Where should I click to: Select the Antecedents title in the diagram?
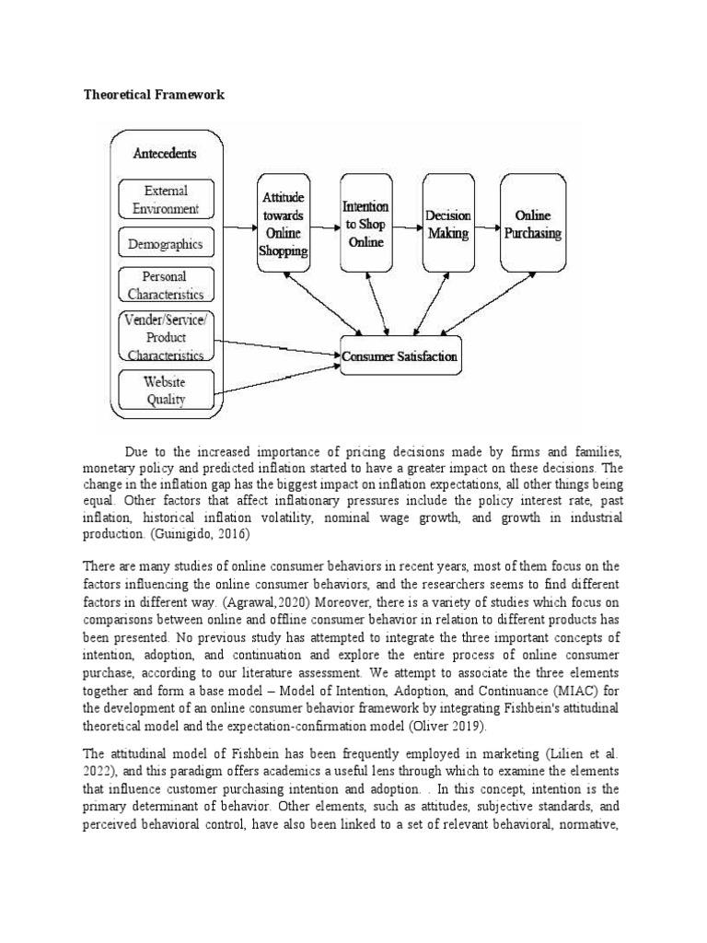pyautogui.click(x=164, y=153)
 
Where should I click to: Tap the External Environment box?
pyautogui.click(x=166, y=199)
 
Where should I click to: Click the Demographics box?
pyautogui.click(x=166, y=243)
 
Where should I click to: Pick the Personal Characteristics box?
pyautogui.click(x=166, y=285)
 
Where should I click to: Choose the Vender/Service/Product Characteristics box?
pyautogui.click(x=166, y=335)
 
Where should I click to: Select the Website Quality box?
pyautogui.click(x=166, y=390)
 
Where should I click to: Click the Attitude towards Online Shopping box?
pyautogui.click(x=284, y=224)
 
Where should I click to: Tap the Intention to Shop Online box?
pyautogui.click(x=365, y=223)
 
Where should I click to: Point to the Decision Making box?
pyautogui.click(x=447, y=224)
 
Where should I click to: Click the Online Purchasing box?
pyautogui.click(x=533, y=224)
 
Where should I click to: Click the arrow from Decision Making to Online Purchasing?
pyautogui.click(x=488, y=223)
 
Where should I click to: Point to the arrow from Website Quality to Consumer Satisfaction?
pyautogui.click(x=276, y=375)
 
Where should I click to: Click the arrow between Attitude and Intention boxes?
pyautogui.click(x=325, y=223)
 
